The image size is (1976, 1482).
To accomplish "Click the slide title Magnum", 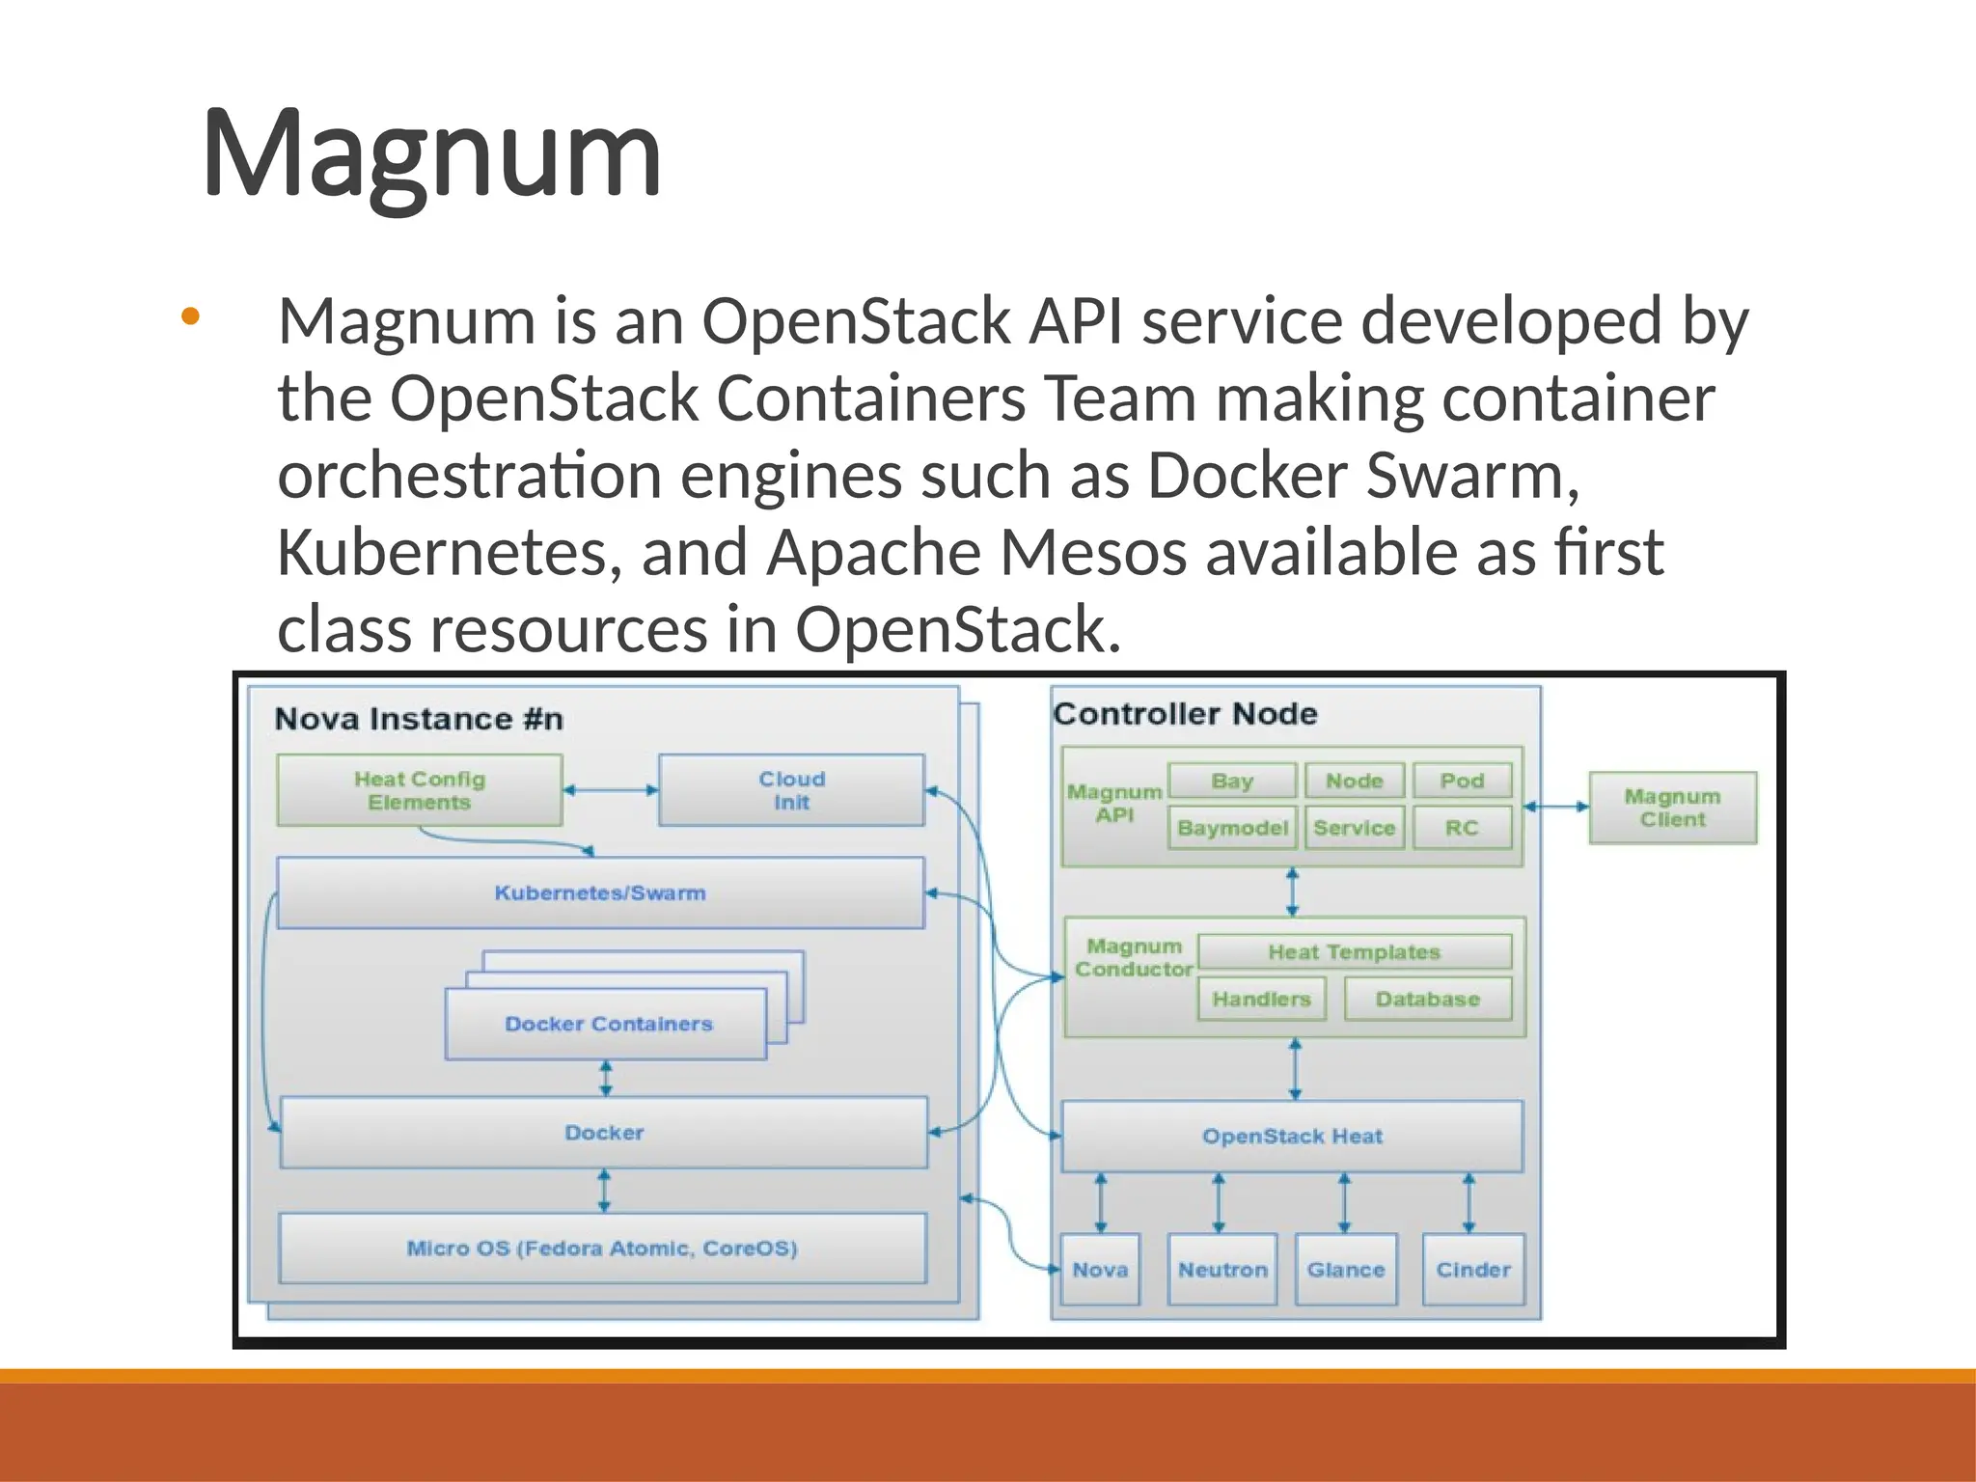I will coord(431,154).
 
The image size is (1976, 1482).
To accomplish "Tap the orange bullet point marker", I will coord(190,316).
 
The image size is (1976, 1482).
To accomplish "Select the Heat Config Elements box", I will coord(419,790).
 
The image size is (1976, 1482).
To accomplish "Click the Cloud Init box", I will coord(791,790).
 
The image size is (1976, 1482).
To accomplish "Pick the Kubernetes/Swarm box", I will coord(600,892).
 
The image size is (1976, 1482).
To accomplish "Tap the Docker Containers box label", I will coord(608,1024).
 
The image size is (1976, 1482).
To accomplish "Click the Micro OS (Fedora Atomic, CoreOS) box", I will coord(602,1248).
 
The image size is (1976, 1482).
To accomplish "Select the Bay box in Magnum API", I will coord(1232,781).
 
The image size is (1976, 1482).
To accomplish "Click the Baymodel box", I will coord(1232,828).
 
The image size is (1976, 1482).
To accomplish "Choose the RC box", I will coord(1462,828).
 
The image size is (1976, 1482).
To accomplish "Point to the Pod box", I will coord(1462,781).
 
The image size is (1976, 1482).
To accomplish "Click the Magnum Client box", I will coord(1672,808).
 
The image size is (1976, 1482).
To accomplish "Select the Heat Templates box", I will coord(1354,951).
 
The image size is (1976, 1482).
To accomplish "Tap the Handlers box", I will coord(1261,999).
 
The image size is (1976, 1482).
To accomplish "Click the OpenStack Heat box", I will coord(1292,1136).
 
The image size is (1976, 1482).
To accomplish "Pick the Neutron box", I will coord(1222,1270).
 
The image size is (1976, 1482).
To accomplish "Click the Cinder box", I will coord(1473,1270).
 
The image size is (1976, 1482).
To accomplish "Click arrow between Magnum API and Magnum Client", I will coord(1556,807).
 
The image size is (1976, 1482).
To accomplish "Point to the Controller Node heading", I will coord(1185,714).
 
